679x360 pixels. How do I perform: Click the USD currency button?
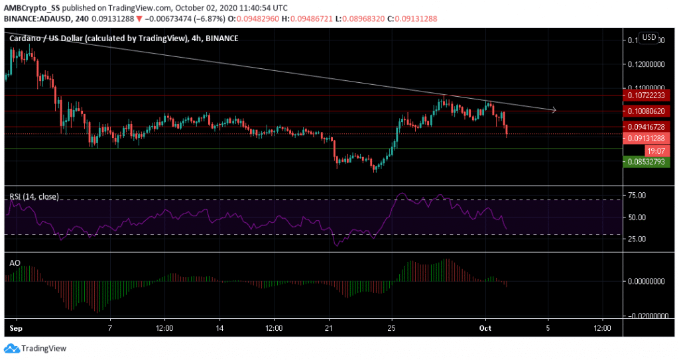[648, 38]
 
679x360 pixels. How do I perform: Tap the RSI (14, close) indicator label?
[34, 196]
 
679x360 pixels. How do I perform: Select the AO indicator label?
[15, 263]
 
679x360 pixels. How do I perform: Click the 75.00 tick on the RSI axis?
[637, 195]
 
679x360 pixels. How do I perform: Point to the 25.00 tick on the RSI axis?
[637, 239]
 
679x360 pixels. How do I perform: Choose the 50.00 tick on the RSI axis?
[637, 217]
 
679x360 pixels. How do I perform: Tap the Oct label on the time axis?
[486, 328]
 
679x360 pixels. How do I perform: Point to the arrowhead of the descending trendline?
[554, 109]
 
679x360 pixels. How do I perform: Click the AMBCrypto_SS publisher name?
[31, 7]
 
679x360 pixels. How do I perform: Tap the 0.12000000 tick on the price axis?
[644, 64]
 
